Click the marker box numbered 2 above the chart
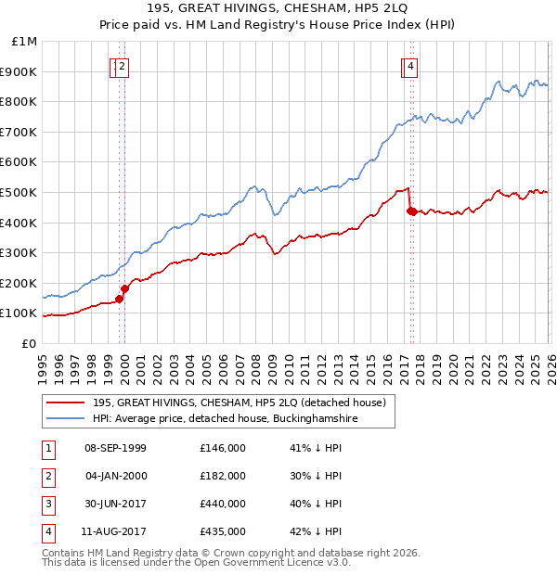coord(123,66)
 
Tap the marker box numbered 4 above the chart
coord(409,66)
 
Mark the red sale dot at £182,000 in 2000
coord(124,288)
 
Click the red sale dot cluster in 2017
coord(411,211)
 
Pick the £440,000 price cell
coord(223,504)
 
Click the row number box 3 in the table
coord(48,504)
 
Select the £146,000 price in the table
coord(223,448)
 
